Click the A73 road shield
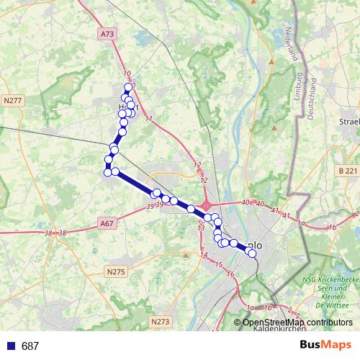pos(107,34)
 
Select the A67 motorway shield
pos(107,223)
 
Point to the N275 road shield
pos(116,271)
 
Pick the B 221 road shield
pos(347,171)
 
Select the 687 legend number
pos(30,346)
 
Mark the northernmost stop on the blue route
pos(129,87)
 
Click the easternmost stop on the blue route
pos(252,253)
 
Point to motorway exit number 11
pos(148,119)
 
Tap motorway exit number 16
pos(230,274)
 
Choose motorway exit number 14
pos(204,255)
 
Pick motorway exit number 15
pos(218,265)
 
